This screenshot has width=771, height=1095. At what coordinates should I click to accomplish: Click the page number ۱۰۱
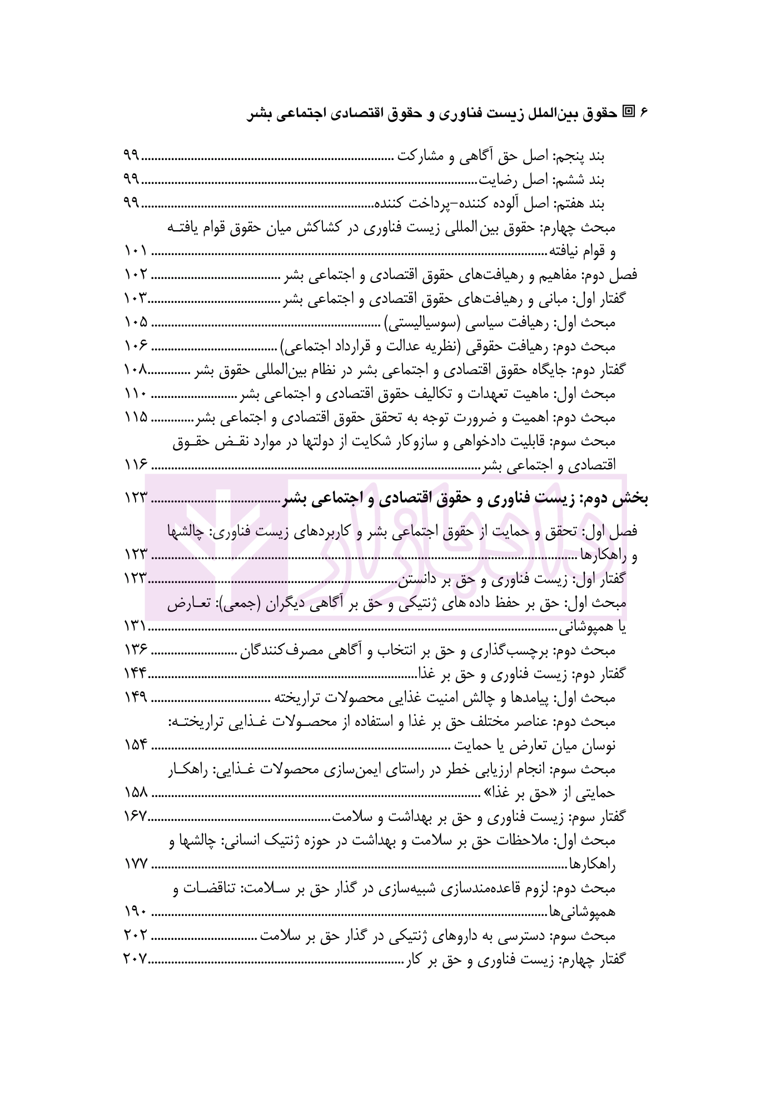(x=135, y=251)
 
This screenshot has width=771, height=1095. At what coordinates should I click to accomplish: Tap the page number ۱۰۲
(x=135, y=275)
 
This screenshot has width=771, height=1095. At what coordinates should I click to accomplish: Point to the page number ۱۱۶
(x=135, y=465)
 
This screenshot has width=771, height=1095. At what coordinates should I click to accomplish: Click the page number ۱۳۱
(x=135, y=626)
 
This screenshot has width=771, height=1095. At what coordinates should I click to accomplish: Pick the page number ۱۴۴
(x=135, y=674)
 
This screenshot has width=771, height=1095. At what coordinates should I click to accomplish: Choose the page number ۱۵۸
(x=135, y=793)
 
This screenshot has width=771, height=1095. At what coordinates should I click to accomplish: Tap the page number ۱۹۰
(x=135, y=912)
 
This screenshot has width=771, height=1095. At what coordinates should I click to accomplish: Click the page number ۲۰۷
(x=135, y=959)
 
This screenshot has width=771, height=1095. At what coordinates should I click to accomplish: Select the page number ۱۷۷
(x=135, y=864)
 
